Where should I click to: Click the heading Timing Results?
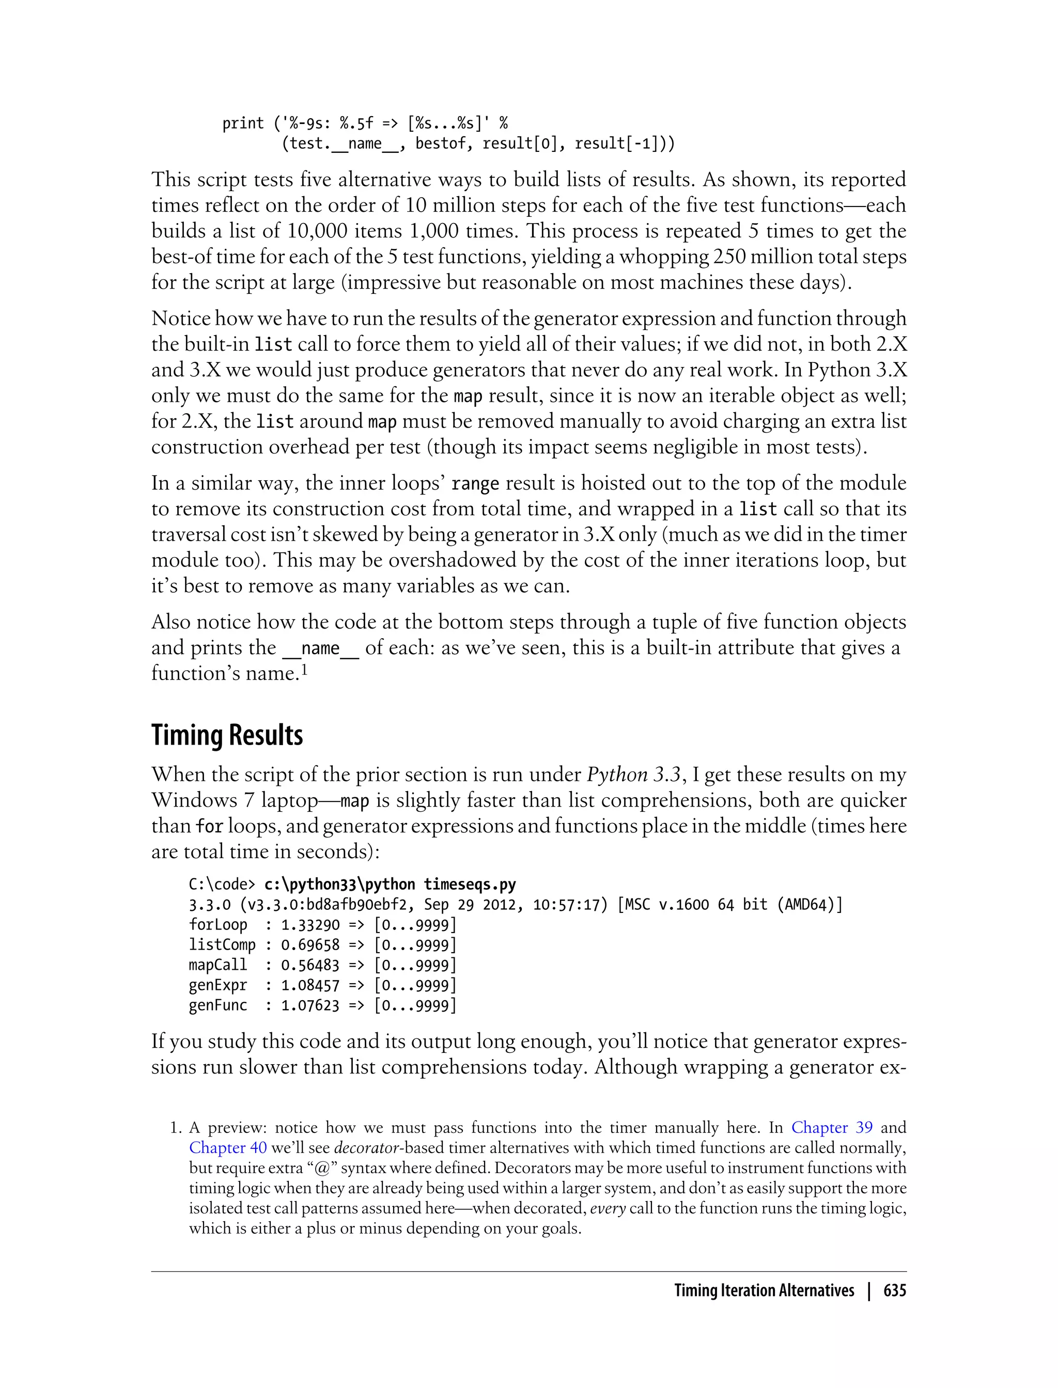point(227,735)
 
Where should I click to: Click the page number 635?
point(894,1290)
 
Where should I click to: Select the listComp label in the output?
point(222,945)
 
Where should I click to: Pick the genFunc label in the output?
point(218,1005)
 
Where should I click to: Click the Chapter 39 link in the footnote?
point(832,1127)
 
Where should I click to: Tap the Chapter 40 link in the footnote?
point(228,1147)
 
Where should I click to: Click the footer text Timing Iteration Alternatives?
point(764,1290)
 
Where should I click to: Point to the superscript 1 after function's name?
point(304,670)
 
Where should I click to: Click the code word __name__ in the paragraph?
point(320,649)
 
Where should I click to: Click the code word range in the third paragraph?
point(475,484)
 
